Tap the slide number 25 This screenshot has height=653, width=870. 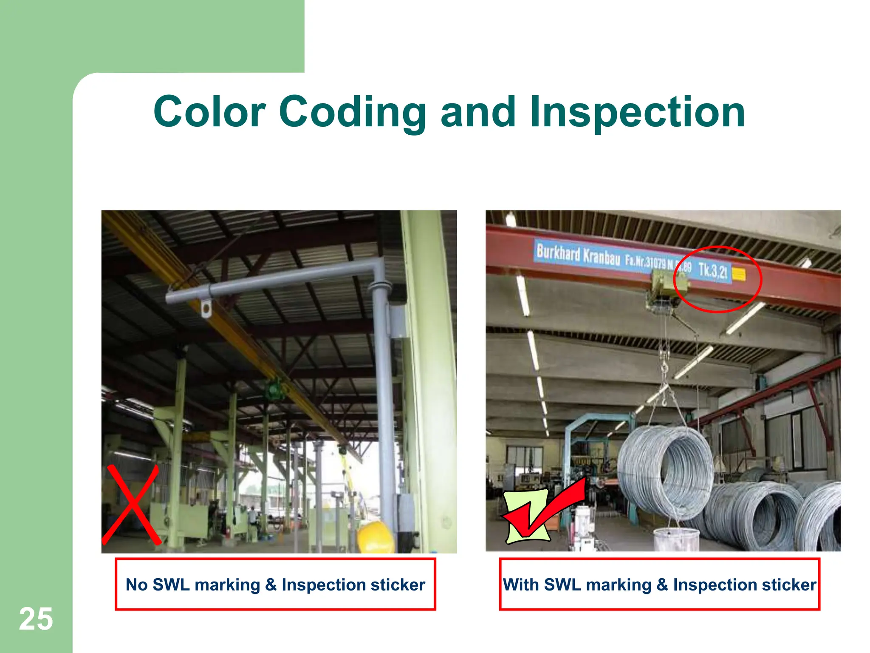pyautogui.click(x=36, y=619)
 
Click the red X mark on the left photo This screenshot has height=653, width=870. pyautogui.click(x=132, y=505)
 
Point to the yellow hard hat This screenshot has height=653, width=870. pyautogui.click(x=376, y=538)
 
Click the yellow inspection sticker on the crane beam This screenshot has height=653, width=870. pyautogui.click(x=739, y=275)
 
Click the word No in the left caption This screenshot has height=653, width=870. pyautogui.click(x=136, y=585)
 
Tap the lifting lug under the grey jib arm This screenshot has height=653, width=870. pyautogui.click(x=206, y=309)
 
